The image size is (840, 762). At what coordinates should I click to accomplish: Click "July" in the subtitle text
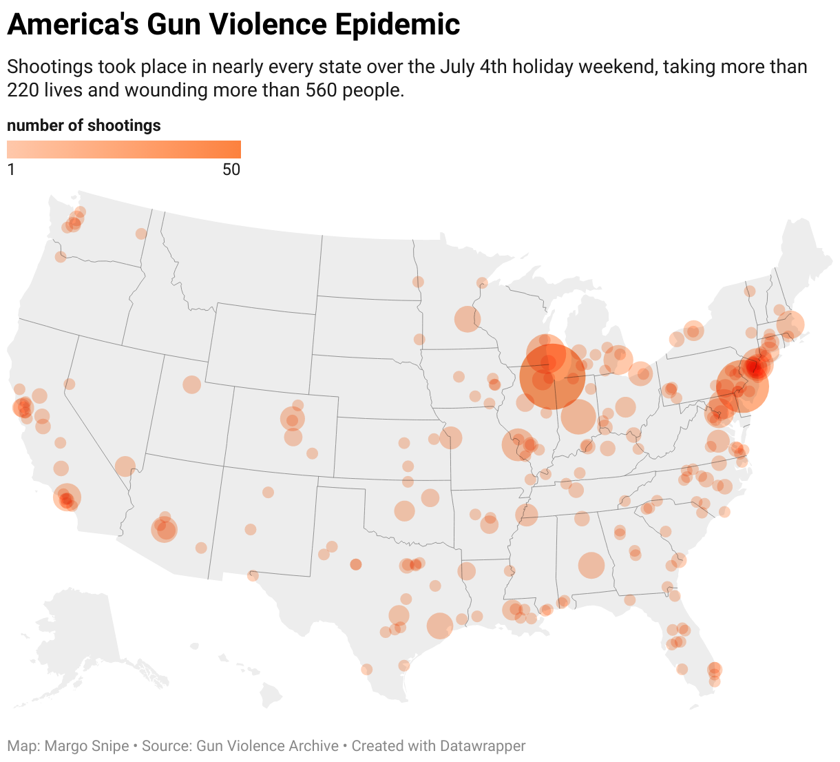[459, 67]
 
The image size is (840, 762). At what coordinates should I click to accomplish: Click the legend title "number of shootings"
[84, 125]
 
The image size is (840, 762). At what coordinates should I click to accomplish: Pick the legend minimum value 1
[11, 169]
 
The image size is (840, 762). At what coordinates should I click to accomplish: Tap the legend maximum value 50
[231, 169]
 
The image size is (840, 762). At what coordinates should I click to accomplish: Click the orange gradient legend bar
[124, 150]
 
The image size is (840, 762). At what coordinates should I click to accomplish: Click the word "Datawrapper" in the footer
[483, 746]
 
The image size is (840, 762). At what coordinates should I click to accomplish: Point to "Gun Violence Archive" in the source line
[268, 746]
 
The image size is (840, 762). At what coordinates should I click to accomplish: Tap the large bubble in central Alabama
[591, 565]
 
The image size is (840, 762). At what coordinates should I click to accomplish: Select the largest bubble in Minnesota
[467, 319]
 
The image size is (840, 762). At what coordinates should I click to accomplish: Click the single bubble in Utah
[191, 384]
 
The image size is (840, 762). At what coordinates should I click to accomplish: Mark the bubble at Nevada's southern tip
[125, 466]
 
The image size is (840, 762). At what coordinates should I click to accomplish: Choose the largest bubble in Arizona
[165, 530]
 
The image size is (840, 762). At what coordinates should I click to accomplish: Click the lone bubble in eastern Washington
[141, 234]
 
